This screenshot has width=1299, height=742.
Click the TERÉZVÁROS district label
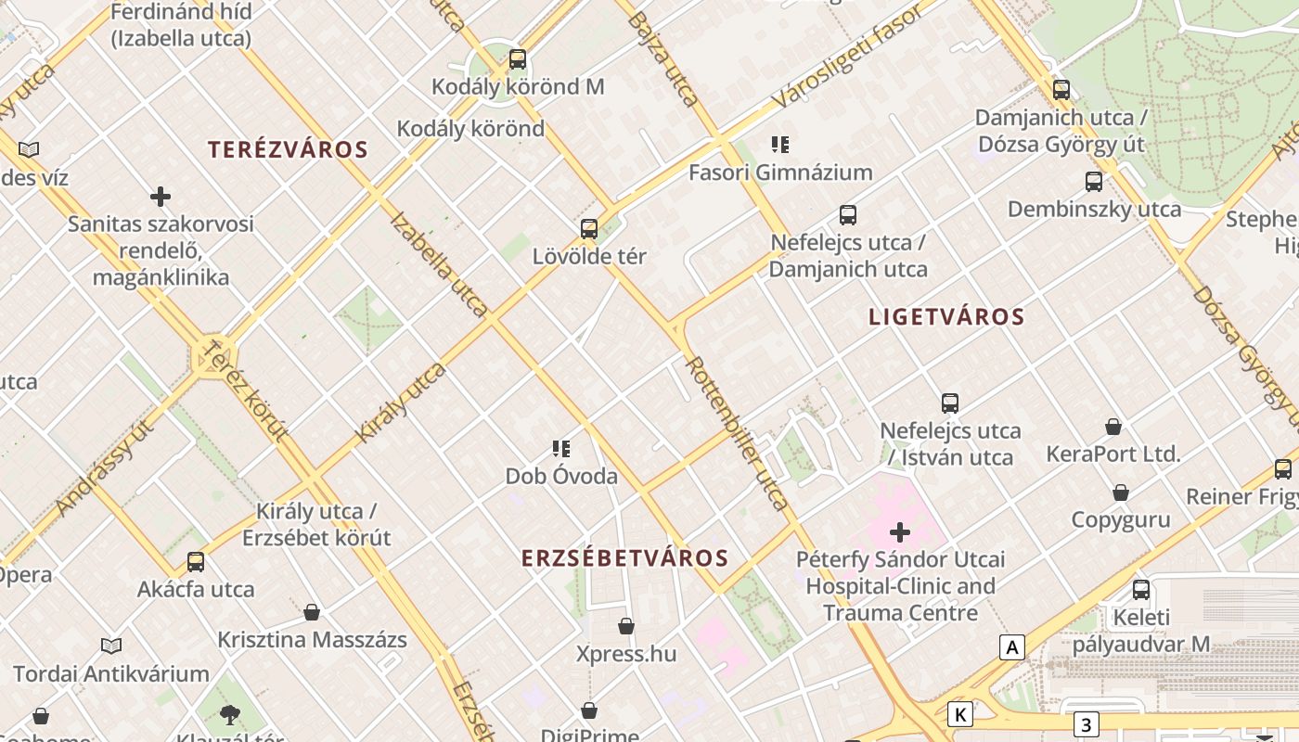[288, 149]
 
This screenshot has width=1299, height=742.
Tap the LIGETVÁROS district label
[946, 317]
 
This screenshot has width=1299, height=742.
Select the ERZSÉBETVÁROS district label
[624, 558]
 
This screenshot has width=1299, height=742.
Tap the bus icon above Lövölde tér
[588, 229]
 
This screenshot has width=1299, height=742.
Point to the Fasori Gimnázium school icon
[780, 145]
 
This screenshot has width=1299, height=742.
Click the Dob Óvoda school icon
[561, 450]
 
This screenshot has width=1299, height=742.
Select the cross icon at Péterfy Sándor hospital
[900, 532]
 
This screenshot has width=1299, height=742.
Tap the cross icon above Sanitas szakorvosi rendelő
[161, 197]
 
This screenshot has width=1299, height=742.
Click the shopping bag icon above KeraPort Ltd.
[1113, 427]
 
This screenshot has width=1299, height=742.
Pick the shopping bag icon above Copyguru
[1121, 493]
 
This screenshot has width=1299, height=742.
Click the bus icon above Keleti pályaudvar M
[1141, 590]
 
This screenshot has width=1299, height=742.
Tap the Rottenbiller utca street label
[738, 433]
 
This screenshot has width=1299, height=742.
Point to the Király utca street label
[401, 403]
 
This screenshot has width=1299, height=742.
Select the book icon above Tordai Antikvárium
[111, 646]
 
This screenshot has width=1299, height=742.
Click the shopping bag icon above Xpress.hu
[626, 626]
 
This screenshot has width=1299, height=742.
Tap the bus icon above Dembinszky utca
[1094, 182]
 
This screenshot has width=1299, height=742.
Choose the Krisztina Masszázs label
[312, 640]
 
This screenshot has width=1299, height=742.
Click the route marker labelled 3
[1086, 723]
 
